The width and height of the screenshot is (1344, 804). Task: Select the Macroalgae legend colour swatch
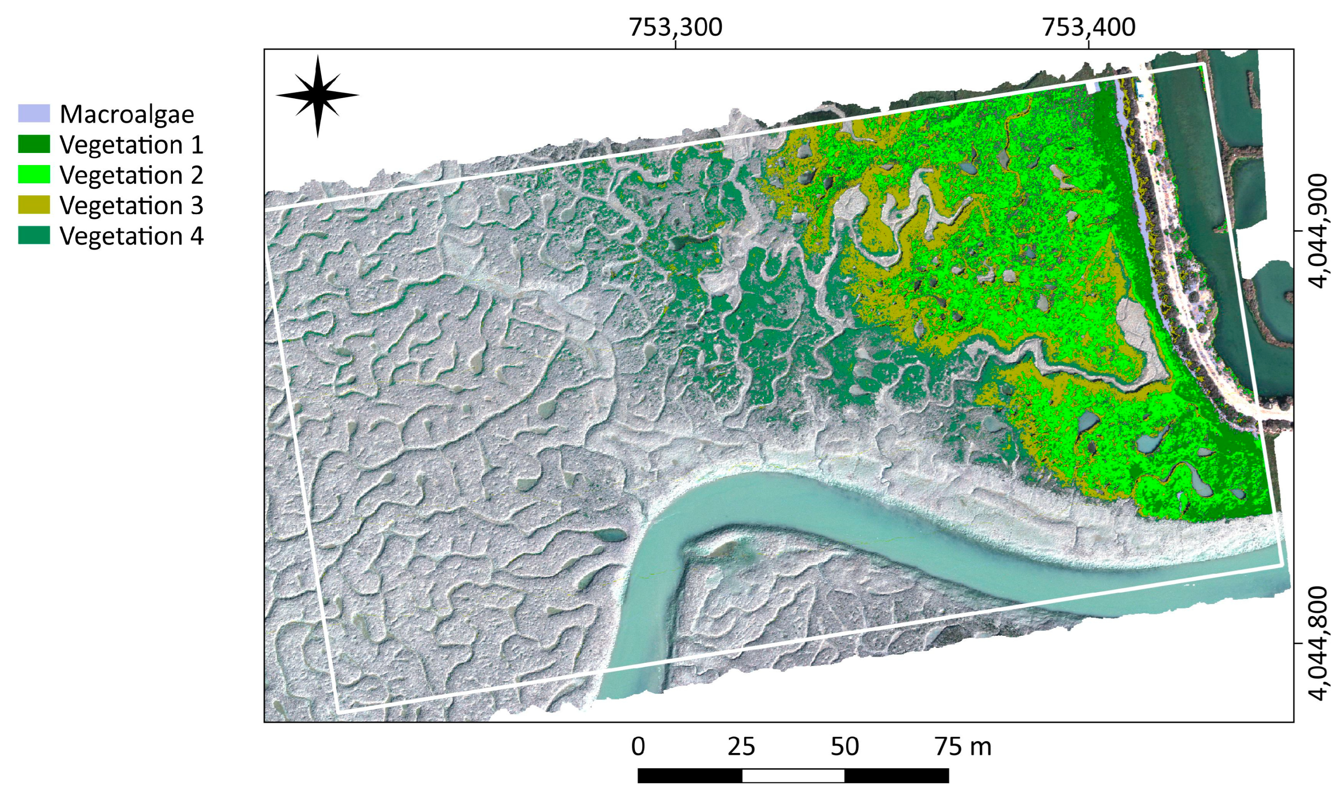[x=34, y=113]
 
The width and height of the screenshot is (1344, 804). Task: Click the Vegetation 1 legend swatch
[x=34, y=144]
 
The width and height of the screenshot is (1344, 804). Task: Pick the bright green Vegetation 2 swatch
[x=34, y=174]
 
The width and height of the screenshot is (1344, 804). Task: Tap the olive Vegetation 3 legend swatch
[x=34, y=205]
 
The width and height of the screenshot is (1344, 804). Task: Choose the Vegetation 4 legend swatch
[x=34, y=236]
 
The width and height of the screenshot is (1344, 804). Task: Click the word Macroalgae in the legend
[x=127, y=114]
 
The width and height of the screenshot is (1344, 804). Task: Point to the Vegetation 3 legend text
[x=132, y=205]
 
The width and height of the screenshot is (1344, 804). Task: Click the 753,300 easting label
[x=675, y=27]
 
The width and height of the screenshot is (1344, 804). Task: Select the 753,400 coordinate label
[x=1088, y=27]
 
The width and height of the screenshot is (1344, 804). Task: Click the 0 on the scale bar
[x=638, y=747]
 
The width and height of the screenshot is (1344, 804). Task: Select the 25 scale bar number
[x=741, y=747]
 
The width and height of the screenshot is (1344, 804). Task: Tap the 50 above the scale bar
[x=844, y=747]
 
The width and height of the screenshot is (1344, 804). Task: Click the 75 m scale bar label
[x=963, y=747]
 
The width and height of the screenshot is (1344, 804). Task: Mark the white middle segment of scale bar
[x=793, y=776]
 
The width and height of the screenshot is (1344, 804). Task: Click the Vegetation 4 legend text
[x=132, y=236]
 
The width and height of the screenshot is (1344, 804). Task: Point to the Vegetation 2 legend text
[x=132, y=175]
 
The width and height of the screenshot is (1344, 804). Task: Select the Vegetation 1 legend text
[x=132, y=145]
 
